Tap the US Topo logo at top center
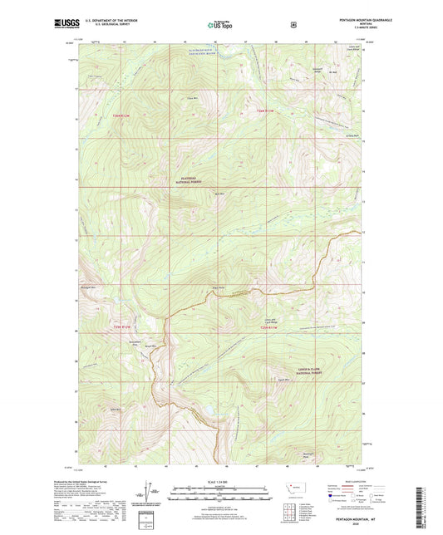pos(220,26)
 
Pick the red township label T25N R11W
pos(265,110)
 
